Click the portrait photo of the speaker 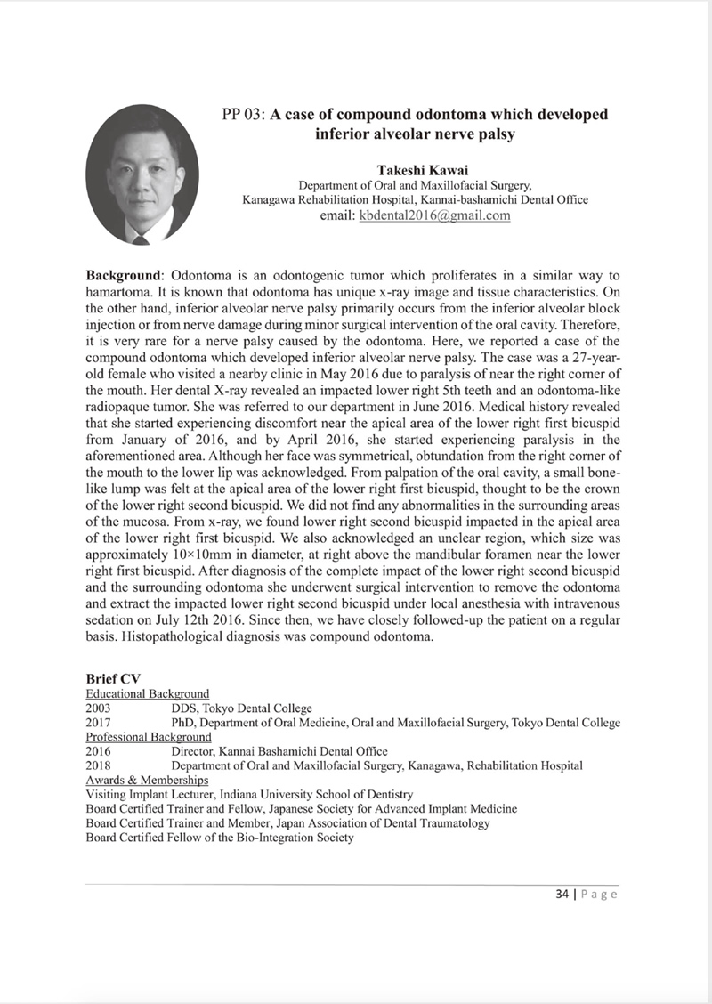(x=142, y=175)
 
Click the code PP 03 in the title (x=242, y=115)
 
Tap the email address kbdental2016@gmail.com (x=434, y=215)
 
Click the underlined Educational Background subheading (x=147, y=693)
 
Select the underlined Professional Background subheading (x=149, y=736)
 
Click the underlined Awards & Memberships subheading (x=147, y=779)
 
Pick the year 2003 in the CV (x=100, y=708)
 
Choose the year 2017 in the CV (x=100, y=722)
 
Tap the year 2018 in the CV (x=100, y=765)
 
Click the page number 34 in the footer (x=554, y=895)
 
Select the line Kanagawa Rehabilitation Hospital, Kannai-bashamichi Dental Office (x=415, y=200)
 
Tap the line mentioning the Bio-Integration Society (x=219, y=837)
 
